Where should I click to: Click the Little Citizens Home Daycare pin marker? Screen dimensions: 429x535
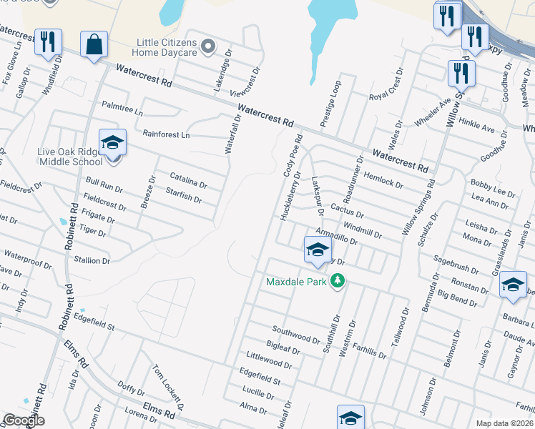(208, 47)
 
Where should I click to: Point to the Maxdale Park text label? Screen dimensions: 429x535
(296, 282)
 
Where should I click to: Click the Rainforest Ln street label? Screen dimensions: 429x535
(165, 134)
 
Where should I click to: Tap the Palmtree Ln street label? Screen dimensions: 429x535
(122, 113)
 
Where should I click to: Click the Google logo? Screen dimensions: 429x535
(23, 420)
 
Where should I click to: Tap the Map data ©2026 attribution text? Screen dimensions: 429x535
(504, 423)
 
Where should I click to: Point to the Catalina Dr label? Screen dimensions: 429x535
(189, 180)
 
